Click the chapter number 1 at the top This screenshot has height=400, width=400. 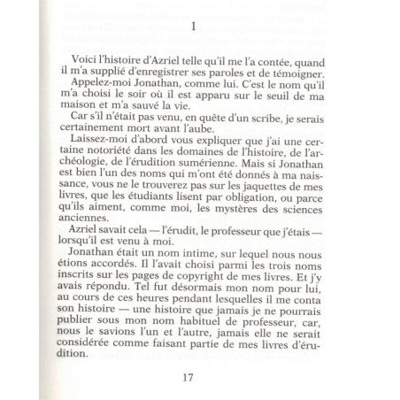(204, 27)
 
